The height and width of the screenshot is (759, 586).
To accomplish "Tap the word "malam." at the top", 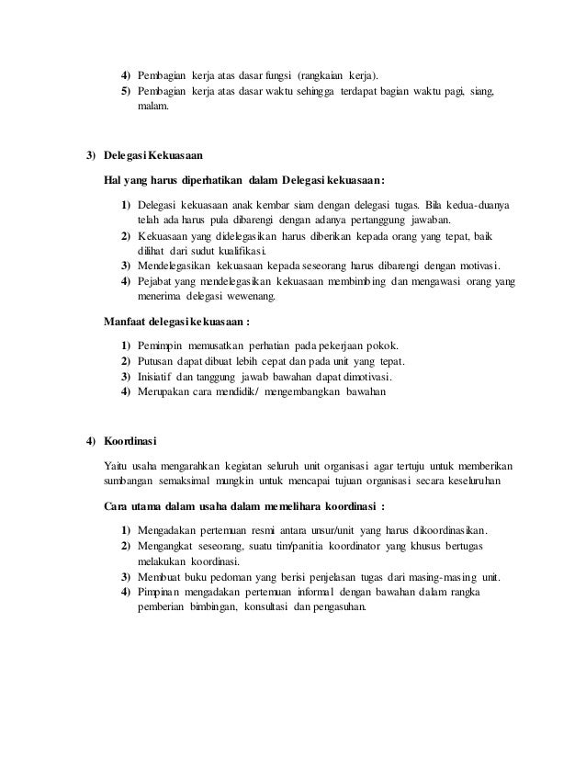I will point(153,108).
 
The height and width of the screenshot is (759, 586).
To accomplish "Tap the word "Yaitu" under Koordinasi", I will point(117,465).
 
